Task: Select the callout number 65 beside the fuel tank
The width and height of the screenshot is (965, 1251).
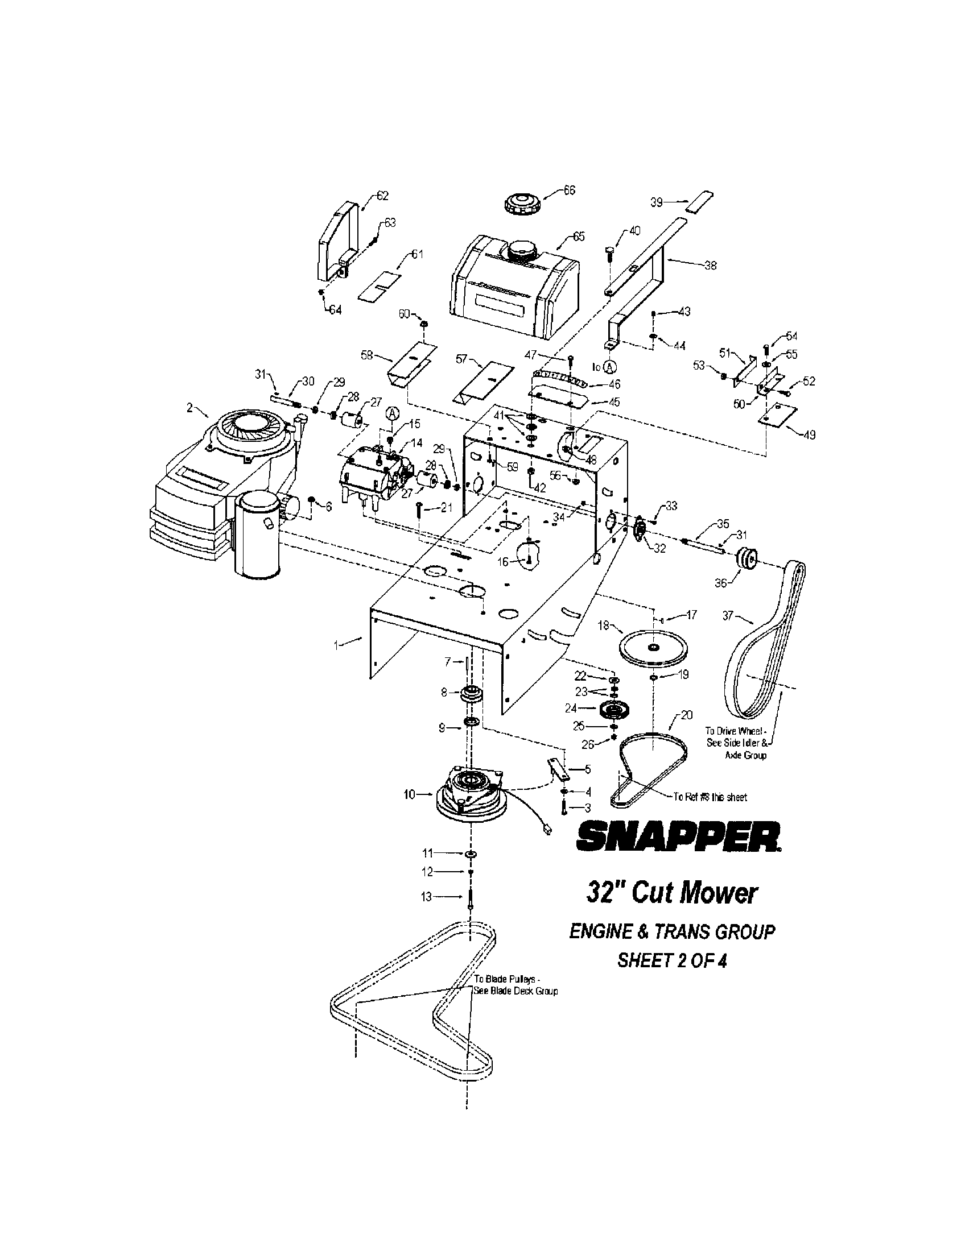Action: coord(578,237)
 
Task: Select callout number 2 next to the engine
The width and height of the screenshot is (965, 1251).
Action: coord(189,407)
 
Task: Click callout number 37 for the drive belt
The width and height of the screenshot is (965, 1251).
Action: coord(728,615)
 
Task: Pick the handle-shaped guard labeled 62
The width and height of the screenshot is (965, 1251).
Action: coord(338,241)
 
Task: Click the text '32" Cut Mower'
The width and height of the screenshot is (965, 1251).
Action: coord(672,893)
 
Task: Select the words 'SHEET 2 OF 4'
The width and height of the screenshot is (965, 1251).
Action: coord(671,961)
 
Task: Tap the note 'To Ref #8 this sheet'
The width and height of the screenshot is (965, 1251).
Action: coord(710,797)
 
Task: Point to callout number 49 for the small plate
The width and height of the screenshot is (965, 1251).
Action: coord(809,435)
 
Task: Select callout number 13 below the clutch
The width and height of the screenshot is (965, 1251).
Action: coord(426,897)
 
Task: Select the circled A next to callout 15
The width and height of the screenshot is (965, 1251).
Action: coord(391,413)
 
